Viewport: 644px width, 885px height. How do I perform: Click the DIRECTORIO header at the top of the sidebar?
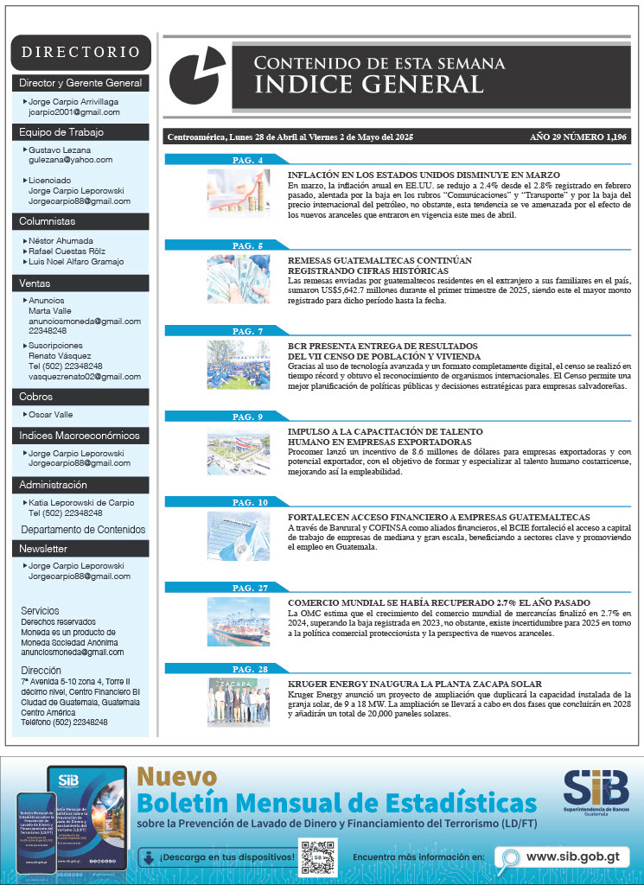pos(80,52)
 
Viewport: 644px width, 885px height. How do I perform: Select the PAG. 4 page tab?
pos(248,160)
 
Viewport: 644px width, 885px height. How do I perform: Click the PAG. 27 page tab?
pos(250,588)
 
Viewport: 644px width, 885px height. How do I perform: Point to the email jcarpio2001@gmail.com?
pos(74,112)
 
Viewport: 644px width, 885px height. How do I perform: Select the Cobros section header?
pos(36,396)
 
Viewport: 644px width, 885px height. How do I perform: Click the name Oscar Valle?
pos(51,415)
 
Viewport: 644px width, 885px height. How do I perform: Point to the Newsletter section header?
pos(43,549)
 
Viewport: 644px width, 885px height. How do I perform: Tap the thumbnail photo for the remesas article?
pos(238,279)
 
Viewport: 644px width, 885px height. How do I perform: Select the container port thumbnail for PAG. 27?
pos(238,621)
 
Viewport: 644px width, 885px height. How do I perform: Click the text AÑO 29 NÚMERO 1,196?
pos(578,137)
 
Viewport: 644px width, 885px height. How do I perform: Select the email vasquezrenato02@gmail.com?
pos(85,377)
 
